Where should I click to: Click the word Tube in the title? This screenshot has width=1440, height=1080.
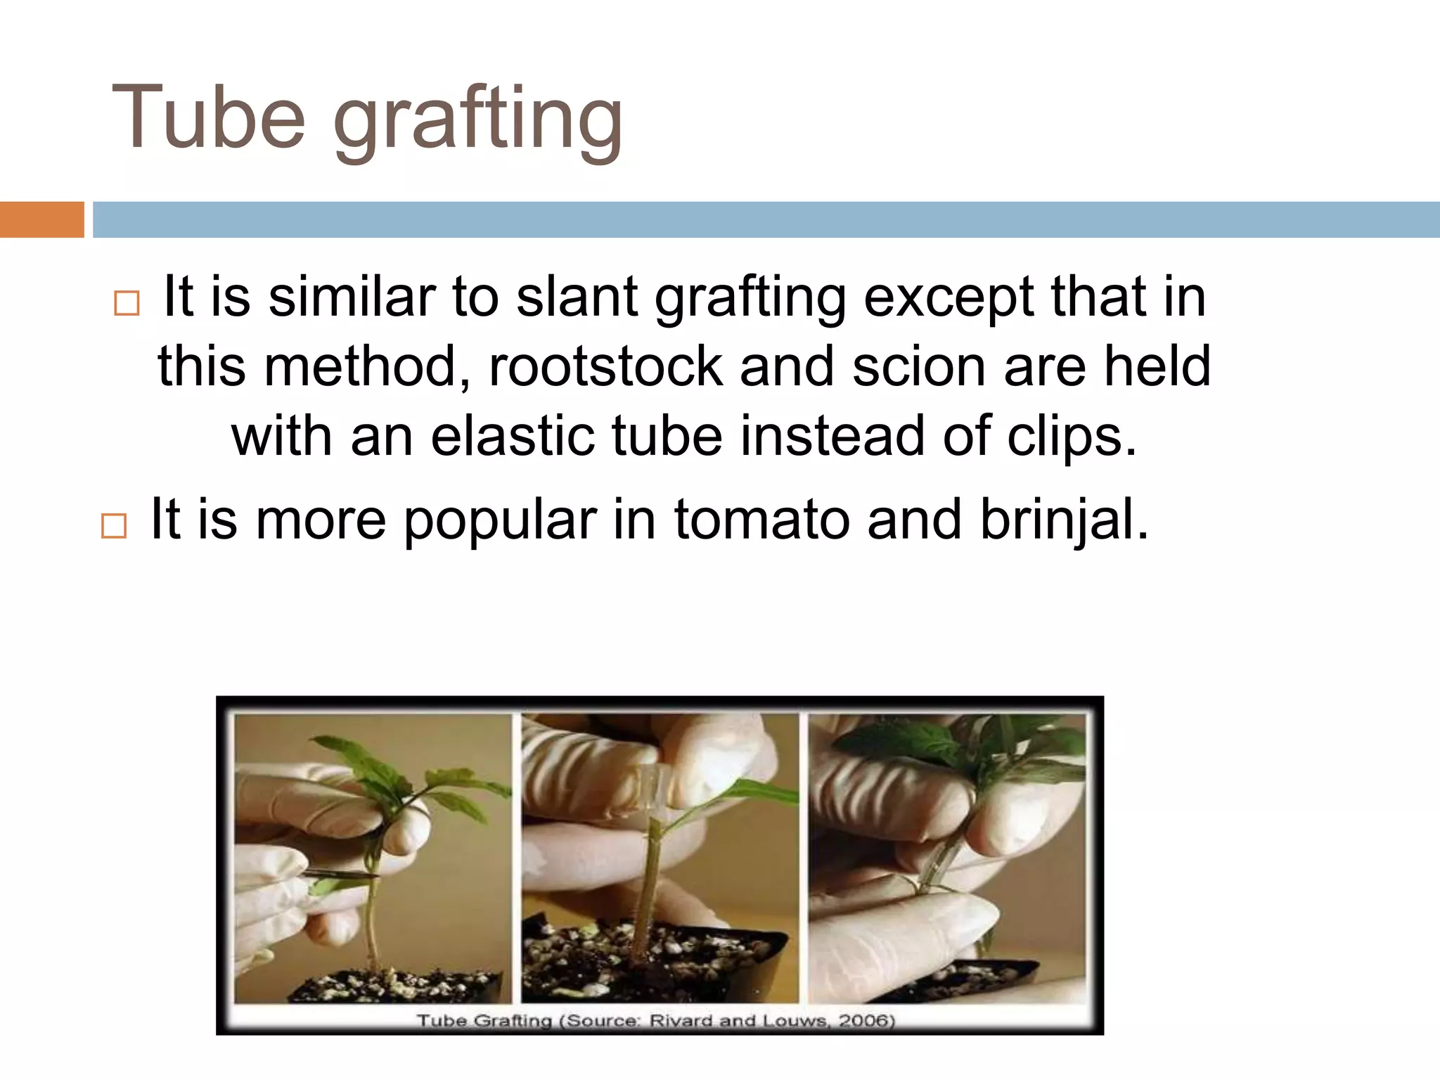tap(208, 118)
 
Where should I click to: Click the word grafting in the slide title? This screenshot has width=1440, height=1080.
tap(478, 121)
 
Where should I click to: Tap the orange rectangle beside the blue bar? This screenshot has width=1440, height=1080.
tap(41, 219)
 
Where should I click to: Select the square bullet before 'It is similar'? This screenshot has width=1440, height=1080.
tap(127, 303)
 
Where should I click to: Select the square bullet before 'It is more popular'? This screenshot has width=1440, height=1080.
tap(114, 525)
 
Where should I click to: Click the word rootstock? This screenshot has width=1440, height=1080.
tap(605, 367)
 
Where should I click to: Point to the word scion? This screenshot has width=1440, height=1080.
tap(918, 367)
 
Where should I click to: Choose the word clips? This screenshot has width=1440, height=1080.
tap(1071, 438)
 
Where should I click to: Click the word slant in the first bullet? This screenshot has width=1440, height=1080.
tap(576, 297)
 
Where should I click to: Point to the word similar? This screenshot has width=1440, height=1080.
tap(352, 297)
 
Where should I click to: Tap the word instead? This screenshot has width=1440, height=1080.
tap(832, 437)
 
